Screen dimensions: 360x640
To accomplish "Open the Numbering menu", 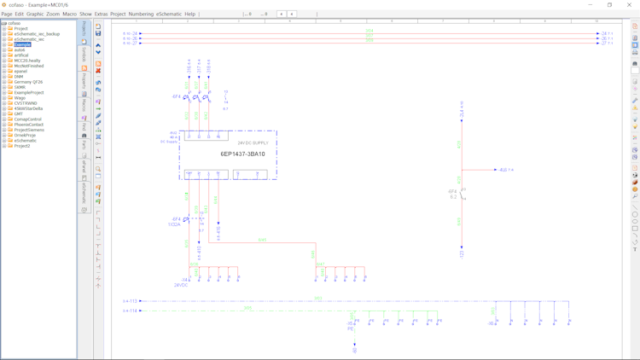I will (x=141, y=14).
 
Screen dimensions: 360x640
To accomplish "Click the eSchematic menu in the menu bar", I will (x=168, y=14).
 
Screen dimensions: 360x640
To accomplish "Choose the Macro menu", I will (x=69, y=14).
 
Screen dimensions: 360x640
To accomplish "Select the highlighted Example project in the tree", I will (x=22, y=44).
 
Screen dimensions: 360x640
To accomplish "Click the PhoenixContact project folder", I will (x=29, y=125).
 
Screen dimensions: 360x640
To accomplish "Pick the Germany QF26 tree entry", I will (x=28, y=82).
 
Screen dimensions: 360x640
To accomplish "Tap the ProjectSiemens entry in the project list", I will (x=29, y=130).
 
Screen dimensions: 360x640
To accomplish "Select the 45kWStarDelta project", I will (x=28, y=108).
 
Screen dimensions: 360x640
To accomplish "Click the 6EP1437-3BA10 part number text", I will (x=243, y=154).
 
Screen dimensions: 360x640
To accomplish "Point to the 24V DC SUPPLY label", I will (x=253, y=143).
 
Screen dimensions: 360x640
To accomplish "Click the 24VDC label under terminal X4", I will (x=181, y=285).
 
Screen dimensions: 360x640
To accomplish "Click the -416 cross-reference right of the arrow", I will (x=507, y=170).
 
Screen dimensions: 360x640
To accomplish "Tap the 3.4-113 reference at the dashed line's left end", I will (x=130, y=301).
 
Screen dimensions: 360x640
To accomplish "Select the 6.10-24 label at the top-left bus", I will (x=130, y=33).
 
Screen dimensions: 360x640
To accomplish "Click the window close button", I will (x=630, y=4).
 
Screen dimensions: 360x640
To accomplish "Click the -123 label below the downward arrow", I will (x=462, y=253).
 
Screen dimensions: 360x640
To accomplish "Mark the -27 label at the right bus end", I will (x=607, y=43).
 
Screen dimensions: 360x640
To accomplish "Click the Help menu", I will (x=189, y=14).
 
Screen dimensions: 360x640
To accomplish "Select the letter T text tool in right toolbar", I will (x=635, y=250).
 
